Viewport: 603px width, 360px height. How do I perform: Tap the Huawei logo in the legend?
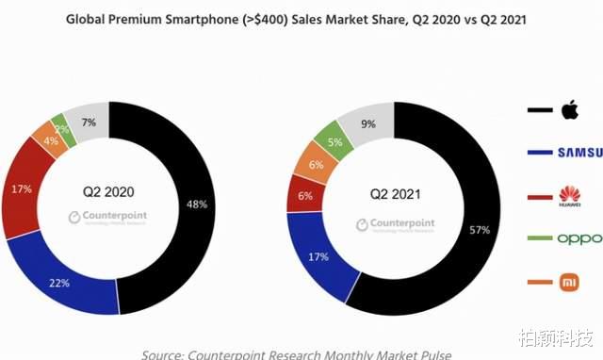(568, 195)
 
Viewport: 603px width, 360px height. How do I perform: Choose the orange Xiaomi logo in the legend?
(568, 281)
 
